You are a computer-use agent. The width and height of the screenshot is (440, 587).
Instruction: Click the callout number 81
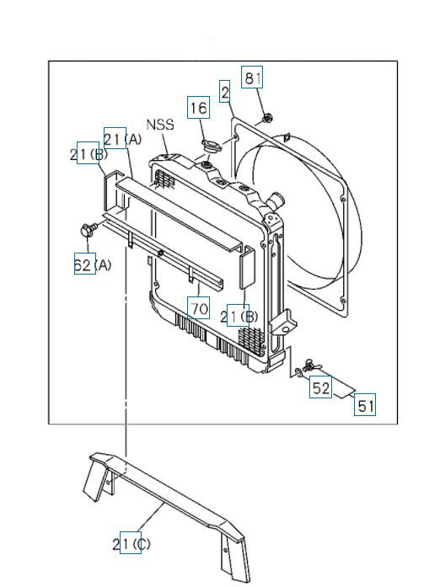click(253, 78)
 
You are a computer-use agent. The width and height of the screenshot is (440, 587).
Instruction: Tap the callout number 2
click(225, 91)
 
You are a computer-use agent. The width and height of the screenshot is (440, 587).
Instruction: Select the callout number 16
click(197, 108)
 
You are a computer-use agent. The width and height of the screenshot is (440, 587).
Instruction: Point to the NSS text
click(160, 125)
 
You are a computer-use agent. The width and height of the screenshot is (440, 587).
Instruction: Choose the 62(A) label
click(93, 264)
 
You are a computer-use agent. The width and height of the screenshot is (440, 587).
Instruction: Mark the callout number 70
click(198, 309)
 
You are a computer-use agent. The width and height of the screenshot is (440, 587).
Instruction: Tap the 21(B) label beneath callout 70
click(239, 317)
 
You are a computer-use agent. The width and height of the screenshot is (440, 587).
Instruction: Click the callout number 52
click(320, 388)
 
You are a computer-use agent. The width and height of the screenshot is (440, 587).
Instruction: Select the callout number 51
click(364, 405)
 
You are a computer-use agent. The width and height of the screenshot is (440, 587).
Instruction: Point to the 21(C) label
click(132, 544)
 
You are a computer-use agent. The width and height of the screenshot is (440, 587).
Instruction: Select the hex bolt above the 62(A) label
click(86, 229)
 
